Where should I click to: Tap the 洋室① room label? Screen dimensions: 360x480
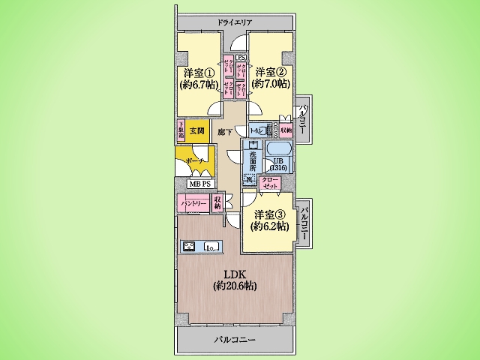(x=199, y=73)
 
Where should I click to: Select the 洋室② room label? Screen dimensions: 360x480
(x=269, y=73)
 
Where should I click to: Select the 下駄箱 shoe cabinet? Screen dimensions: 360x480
(x=181, y=130)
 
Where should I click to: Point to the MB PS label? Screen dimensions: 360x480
(x=199, y=184)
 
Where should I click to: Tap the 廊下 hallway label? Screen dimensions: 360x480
(x=224, y=133)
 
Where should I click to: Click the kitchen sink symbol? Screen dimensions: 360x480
(x=211, y=246)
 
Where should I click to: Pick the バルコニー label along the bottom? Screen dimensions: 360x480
(x=235, y=340)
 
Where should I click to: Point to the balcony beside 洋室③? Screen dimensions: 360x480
(x=304, y=221)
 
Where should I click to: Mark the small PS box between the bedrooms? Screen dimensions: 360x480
(x=241, y=57)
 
